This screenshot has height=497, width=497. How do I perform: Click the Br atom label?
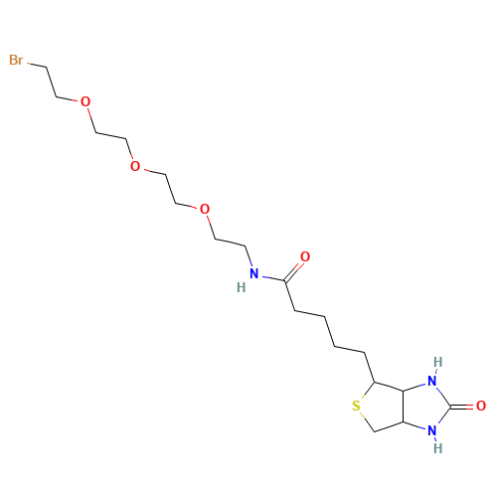[16, 60]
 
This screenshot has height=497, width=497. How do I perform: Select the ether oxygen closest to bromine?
[85, 101]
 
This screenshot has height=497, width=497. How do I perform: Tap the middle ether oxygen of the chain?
[135, 166]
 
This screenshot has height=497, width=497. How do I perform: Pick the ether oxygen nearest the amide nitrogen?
[205, 209]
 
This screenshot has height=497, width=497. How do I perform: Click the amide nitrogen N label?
[254, 273]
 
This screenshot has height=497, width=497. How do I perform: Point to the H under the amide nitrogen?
[242, 287]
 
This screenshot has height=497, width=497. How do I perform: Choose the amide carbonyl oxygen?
[305, 256]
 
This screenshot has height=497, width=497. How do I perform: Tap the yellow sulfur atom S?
[356, 406]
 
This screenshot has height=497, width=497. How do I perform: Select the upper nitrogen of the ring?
[432, 381]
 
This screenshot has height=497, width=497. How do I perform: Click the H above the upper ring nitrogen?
[438, 362]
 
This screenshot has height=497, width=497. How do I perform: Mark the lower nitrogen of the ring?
[432, 430]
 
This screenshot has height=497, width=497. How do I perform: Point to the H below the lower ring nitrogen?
[438, 448]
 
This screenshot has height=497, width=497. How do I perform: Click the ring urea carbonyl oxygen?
[481, 406]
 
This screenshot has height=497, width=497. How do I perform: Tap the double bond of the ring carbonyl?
[462, 406]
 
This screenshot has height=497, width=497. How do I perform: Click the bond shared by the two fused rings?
[404, 406]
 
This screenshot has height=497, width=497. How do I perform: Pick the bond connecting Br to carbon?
[37, 65]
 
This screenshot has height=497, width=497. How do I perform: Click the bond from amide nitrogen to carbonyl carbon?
[273, 278]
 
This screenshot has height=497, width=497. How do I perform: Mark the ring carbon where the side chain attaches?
[374, 382]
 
